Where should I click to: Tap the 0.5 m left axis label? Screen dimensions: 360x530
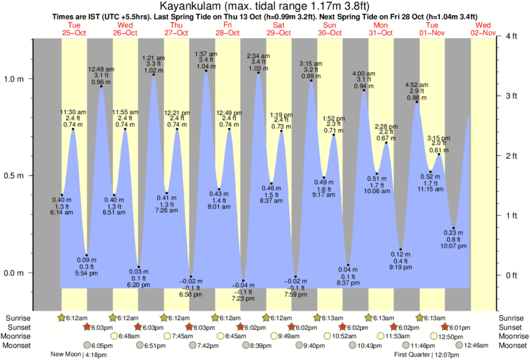17,176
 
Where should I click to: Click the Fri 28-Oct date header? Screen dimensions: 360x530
227,29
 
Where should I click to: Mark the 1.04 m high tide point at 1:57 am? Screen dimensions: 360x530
205,71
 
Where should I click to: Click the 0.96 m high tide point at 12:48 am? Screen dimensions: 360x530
101,86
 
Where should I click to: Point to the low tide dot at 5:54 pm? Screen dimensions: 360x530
86,255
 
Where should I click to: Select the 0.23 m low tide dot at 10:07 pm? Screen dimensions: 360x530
454,228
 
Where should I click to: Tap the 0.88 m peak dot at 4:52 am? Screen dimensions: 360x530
417,102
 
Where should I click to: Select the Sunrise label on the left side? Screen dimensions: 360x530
17,318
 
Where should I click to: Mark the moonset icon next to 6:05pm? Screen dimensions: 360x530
88,345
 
